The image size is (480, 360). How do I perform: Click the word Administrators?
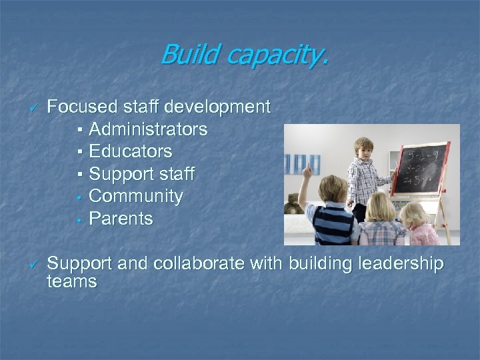(x=147, y=129)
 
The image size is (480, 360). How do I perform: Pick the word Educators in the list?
(x=130, y=151)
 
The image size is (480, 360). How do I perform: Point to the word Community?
(x=135, y=196)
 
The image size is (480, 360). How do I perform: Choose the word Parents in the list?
(x=121, y=219)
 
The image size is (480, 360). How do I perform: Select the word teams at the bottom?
(x=72, y=282)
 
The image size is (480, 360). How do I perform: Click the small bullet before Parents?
(x=79, y=219)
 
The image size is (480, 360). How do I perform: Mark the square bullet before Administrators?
(x=79, y=129)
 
